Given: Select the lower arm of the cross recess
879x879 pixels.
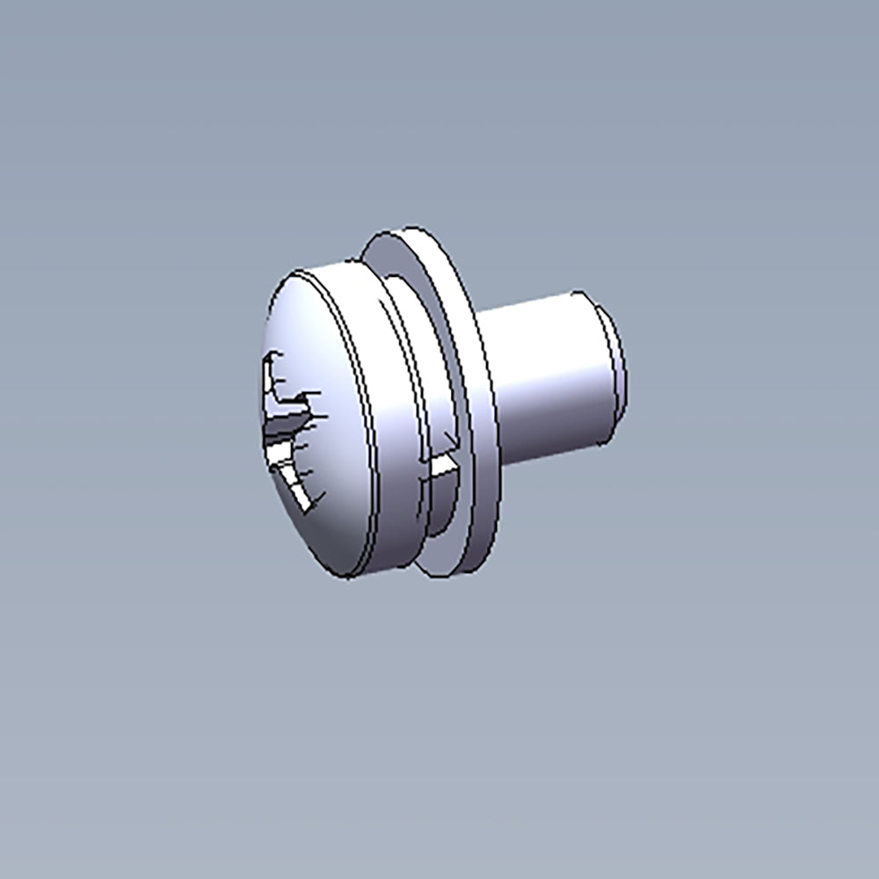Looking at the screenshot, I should pyautogui.click(x=294, y=483).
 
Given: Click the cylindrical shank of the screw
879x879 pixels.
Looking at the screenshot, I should pyautogui.click(x=545, y=378).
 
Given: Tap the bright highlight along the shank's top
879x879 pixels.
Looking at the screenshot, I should pyautogui.click(x=536, y=308).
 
